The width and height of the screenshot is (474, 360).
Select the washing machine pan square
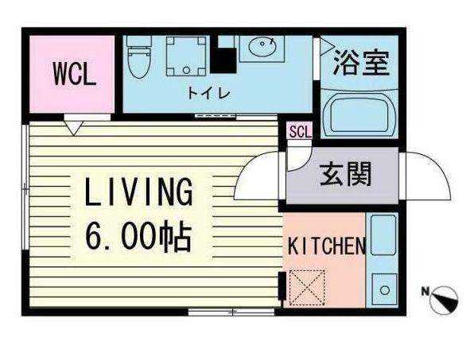coord(186,56)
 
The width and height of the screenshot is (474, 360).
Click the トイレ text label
coord(208,93)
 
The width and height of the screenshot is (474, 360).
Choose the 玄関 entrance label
coord(346,174)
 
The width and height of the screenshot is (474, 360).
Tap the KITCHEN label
coord(326,246)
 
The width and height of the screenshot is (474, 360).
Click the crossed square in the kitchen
coord(302,285)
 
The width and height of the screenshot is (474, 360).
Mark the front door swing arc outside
coord(429,176)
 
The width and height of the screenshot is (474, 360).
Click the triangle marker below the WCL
coord(74,126)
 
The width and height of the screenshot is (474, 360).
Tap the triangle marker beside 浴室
coord(326,49)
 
